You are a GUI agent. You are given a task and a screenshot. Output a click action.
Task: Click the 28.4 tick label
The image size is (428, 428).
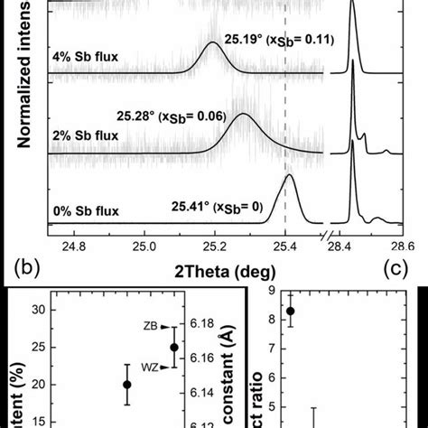point(346,244)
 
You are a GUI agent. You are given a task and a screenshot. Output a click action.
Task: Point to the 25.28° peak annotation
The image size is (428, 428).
point(161,116)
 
